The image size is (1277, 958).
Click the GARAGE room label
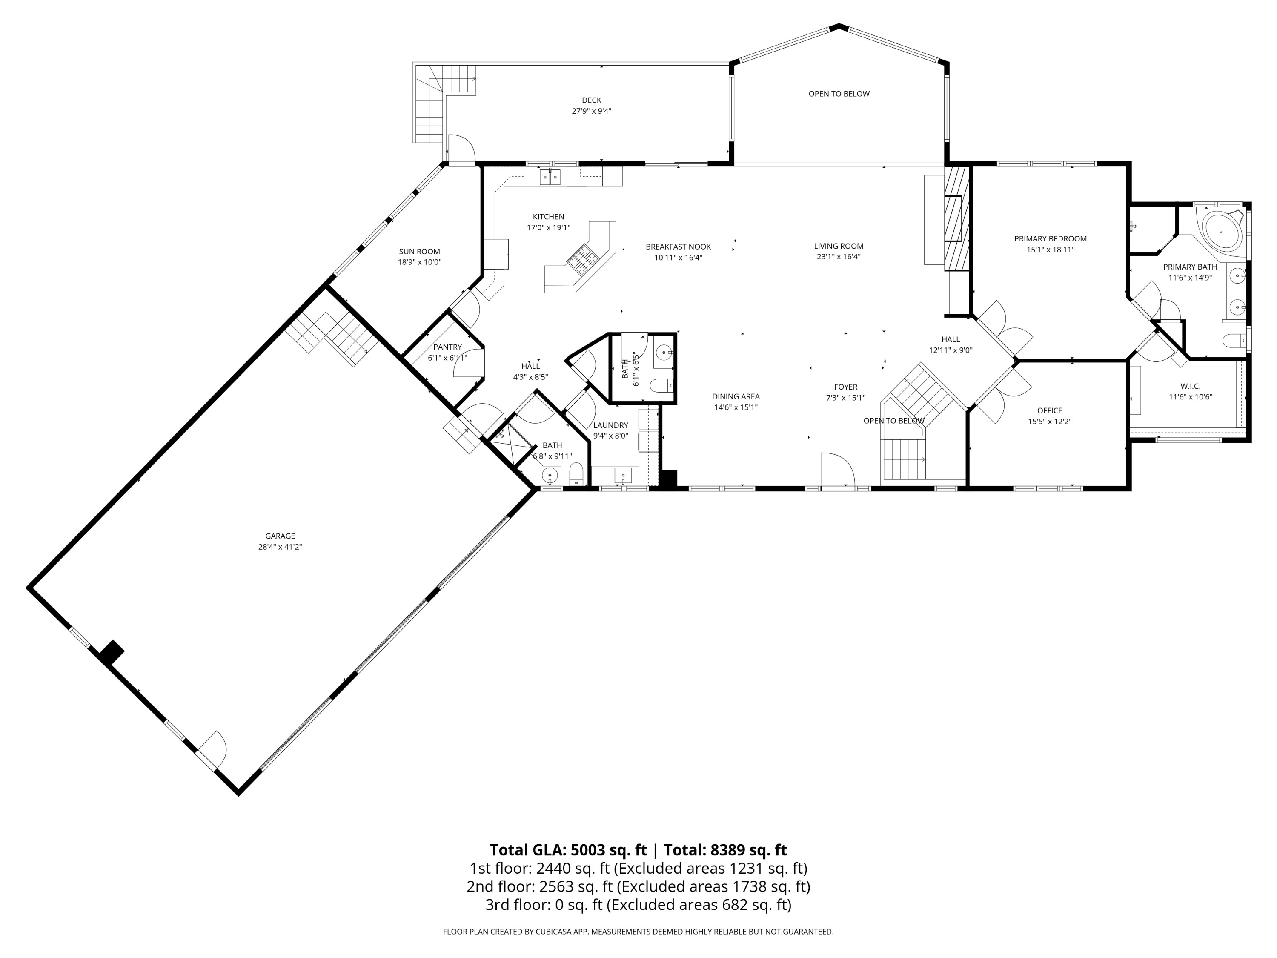point(280,536)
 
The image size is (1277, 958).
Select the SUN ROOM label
point(419,251)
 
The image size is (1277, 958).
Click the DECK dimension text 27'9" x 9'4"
point(591,111)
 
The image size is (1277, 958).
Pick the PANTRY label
point(447,347)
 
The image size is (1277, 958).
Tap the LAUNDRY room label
point(610,425)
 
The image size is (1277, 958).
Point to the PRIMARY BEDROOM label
point(1050,238)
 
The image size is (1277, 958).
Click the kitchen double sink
point(550,177)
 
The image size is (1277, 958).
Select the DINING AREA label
point(736,396)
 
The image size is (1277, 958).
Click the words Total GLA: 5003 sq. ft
point(569,850)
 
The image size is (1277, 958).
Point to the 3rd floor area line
point(638,905)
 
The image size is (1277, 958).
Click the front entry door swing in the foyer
point(838,470)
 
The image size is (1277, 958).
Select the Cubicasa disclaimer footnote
point(638,932)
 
